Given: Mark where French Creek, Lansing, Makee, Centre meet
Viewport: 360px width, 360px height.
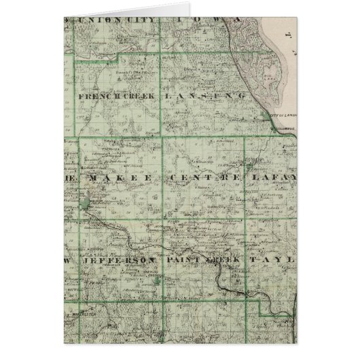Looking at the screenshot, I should pos(161,138).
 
